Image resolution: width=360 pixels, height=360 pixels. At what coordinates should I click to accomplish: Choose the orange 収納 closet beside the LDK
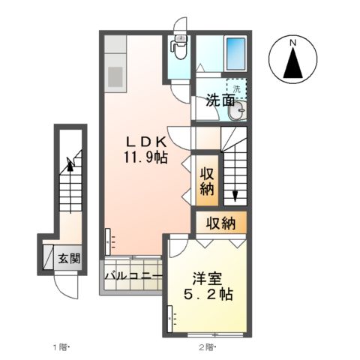[207, 181]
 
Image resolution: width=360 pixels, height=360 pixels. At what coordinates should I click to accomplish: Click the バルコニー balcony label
[133, 276]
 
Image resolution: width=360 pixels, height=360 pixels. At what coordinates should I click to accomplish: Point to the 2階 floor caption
[206, 346]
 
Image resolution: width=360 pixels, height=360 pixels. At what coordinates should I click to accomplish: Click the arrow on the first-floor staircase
[70, 163]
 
